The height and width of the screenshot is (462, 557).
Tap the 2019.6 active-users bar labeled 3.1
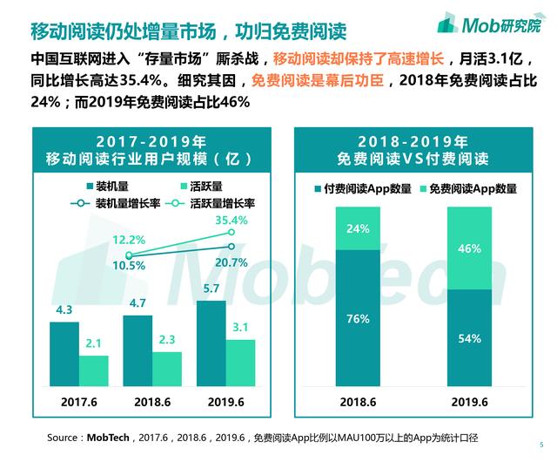click(241, 363)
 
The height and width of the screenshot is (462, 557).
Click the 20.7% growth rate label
click(232, 262)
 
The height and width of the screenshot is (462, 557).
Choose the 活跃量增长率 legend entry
click(216, 202)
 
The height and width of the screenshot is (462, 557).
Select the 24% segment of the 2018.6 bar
click(358, 228)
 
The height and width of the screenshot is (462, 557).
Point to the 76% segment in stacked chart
click(358, 319)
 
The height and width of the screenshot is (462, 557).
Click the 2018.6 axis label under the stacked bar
click(358, 403)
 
